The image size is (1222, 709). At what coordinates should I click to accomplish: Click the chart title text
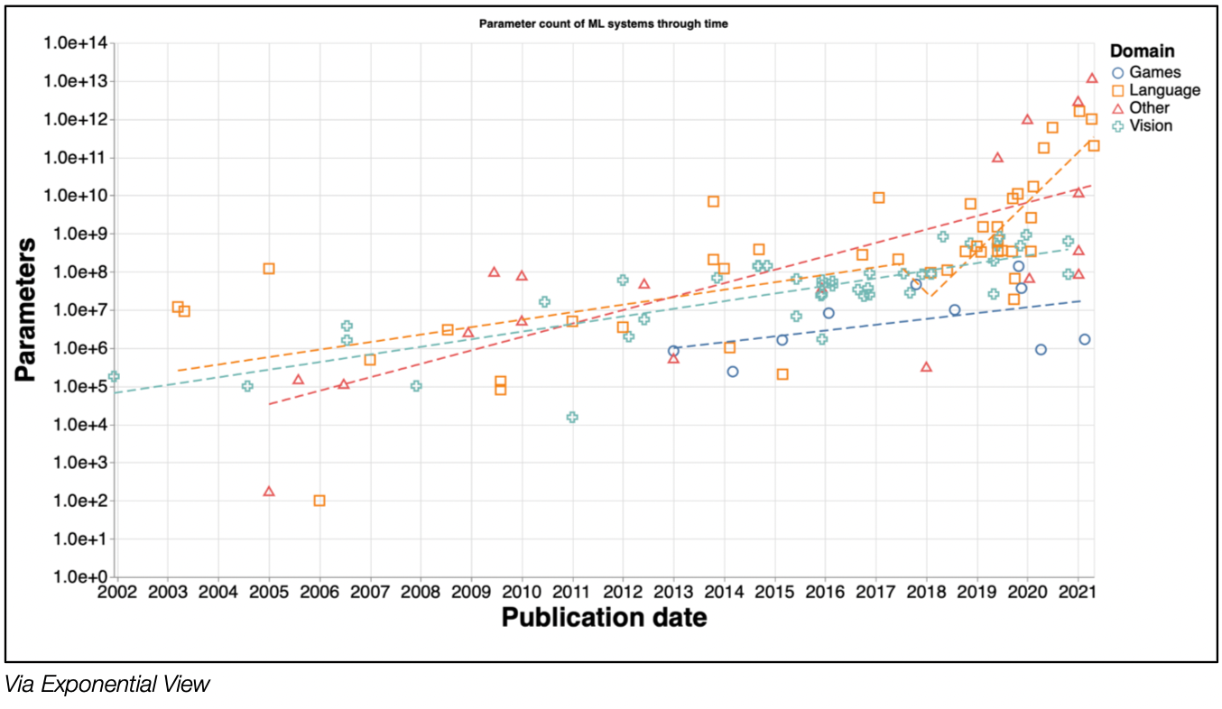pyautogui.click(x=603, y=24)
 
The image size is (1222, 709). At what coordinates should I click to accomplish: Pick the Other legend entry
pyautogui.click(x=1149, y=108)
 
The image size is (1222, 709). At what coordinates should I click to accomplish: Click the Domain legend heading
pyautogui.click(x=1143, y=51)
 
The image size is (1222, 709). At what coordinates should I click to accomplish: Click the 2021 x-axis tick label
pyautogui.click(x=1077, y=594)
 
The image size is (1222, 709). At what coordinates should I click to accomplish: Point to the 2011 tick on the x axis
pyautogui.click(x=571, y=594)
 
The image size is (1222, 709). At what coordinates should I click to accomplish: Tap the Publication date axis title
pyautogui.click(x=604, y=619)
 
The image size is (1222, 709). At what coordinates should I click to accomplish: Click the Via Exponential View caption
pyautogui.click(x=107, y=685)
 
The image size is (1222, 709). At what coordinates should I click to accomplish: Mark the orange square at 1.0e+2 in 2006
pyautogui.click(x=319, y=501)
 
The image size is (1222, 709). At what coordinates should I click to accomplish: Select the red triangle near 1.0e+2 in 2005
pyautogui.click(x=269, y=492)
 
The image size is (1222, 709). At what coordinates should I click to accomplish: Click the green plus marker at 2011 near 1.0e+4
pyautogui.click(x=572, y=417)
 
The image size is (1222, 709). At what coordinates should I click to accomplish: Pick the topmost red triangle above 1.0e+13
pyautogui.click(x=1091, y=78)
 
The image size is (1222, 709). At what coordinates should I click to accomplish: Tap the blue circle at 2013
pyautogui.click(x=673, y=351)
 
